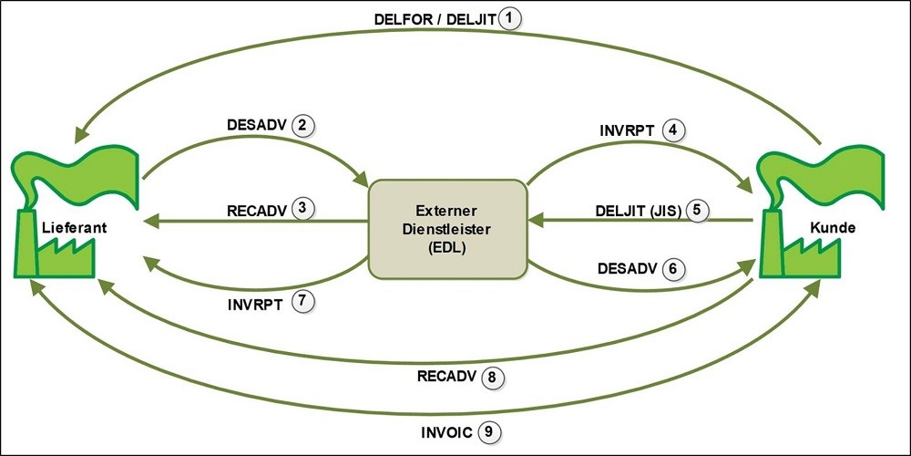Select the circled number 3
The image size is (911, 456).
click(302, 209)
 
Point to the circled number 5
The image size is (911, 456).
click(697, 211)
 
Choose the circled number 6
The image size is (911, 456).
click(673, 269)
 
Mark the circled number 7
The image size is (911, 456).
click(302, 303)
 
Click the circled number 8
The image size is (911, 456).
click(492, 377)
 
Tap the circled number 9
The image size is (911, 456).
click(488, 432)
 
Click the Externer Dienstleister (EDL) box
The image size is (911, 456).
click(447, 229)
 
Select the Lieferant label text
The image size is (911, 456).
click(75, 228)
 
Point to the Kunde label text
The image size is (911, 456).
click(833, 228)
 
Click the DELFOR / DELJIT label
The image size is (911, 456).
click(435, 20)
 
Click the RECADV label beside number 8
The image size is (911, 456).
click(446, 377)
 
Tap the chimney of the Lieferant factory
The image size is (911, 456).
click(26, 244)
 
